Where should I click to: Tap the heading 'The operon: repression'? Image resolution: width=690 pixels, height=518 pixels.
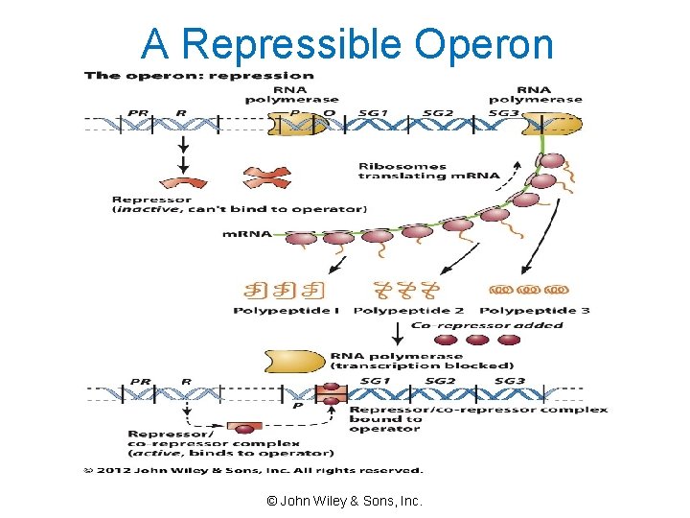point(197,75)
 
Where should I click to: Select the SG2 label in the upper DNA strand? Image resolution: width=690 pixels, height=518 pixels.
point(438,112)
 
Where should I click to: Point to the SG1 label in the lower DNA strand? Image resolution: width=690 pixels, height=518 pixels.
point(375,381)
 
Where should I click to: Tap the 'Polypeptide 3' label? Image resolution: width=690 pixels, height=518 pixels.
point(534,310)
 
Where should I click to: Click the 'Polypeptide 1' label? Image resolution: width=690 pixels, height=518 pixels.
point(286,310)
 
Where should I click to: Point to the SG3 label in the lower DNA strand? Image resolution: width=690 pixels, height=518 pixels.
point(510,381)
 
